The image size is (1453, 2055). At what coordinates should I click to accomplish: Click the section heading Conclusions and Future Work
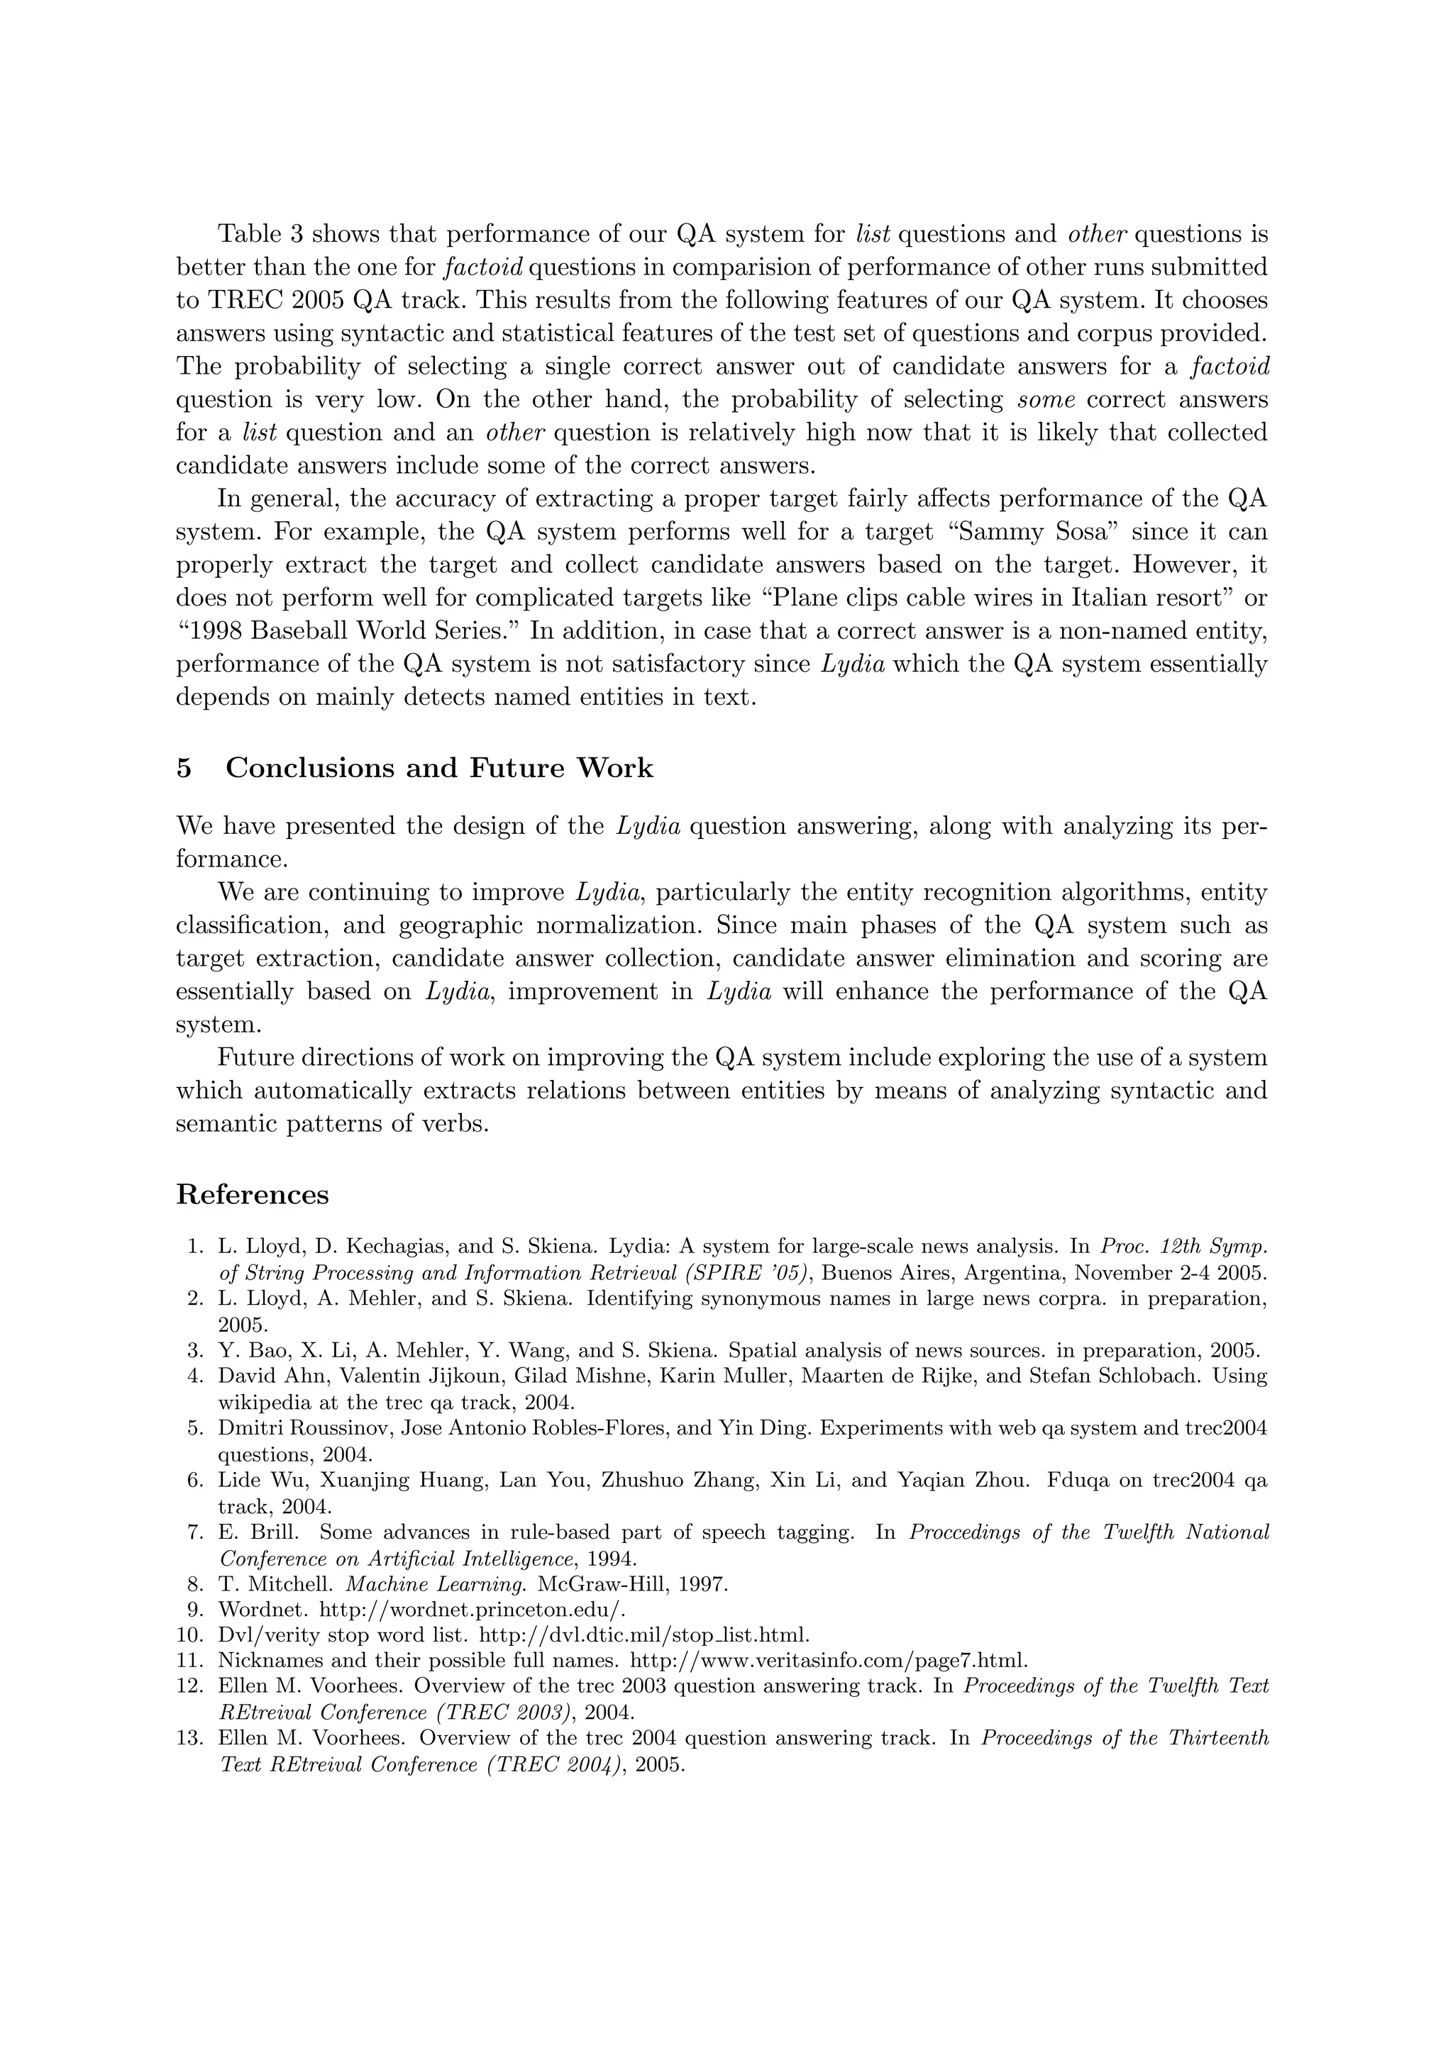click(438, 768)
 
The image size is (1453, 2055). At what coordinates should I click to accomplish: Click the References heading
click(252, 1194)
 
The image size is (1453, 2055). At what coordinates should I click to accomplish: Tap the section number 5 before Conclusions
click(184, 768)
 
